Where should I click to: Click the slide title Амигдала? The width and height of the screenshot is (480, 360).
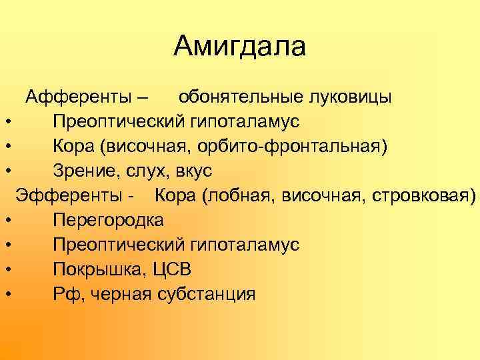[x=240, y=46]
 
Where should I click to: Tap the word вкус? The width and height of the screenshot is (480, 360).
[x=193, y=171]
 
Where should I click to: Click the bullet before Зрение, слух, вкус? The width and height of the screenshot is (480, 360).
[x=6, y=171]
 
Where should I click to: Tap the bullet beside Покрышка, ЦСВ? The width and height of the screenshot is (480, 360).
[x=6, y=270]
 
